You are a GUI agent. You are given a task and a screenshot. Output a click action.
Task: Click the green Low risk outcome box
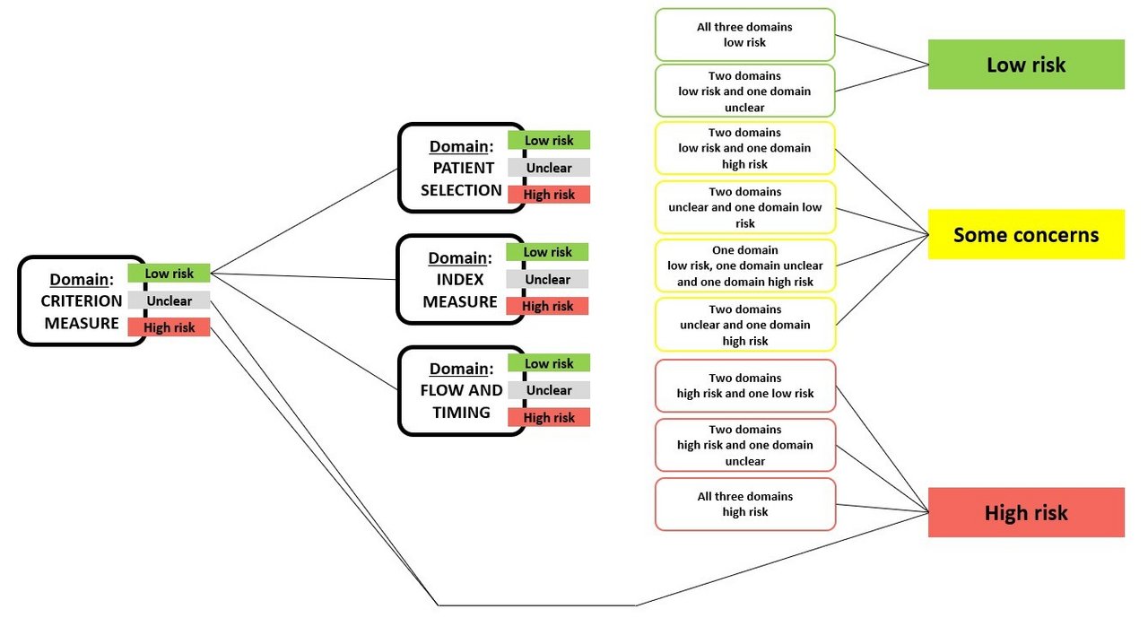[x=1026, y=65]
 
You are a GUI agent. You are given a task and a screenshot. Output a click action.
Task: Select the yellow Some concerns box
[x=1026, y=235]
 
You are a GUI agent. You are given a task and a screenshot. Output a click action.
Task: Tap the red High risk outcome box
[x=1026, y=513]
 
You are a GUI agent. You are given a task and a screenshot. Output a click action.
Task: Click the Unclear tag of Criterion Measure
[x=169, y=300]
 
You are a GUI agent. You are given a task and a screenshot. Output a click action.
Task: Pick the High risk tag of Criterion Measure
[x=169, y=327]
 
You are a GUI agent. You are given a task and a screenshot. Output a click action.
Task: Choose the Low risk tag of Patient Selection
[x=549, y=140]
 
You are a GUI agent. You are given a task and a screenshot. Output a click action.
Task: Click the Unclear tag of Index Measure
[x=547, y=279]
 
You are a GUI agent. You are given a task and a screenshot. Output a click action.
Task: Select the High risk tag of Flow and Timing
[x=549, y=417]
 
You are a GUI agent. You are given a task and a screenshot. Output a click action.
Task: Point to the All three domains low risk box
[x=744, y=35]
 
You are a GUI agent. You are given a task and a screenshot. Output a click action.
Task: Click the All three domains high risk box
[x=744, y=504]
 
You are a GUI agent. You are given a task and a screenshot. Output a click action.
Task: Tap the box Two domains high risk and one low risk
[x=744, y=386]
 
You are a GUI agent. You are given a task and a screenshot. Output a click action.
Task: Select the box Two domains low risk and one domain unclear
[x=744, y=91]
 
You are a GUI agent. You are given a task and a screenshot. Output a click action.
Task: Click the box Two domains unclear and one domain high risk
[x=744, y=325]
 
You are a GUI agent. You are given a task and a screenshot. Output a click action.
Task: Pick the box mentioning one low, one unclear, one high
[x=744, y=265]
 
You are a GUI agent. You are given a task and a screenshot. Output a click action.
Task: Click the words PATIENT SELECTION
[x=461, y=178]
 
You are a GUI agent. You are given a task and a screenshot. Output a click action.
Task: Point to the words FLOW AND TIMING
[x=461, y=401]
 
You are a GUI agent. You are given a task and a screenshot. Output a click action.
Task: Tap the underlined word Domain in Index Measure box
[x=457, y=258]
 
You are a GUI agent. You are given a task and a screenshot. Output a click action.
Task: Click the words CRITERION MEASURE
[x=81, y=312]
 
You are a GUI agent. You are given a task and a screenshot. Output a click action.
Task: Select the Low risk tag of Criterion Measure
[x=169, y=273]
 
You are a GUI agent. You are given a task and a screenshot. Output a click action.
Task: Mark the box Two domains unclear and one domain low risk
[x=744, y=207]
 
